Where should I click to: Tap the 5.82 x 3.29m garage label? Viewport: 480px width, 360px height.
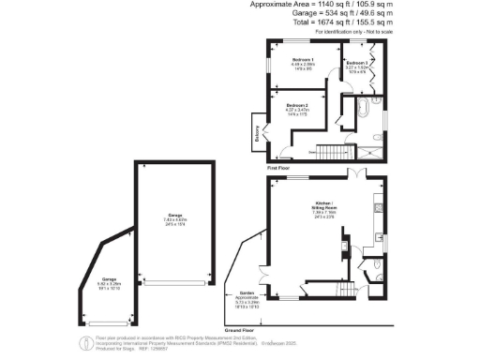(x=110, y=283)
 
